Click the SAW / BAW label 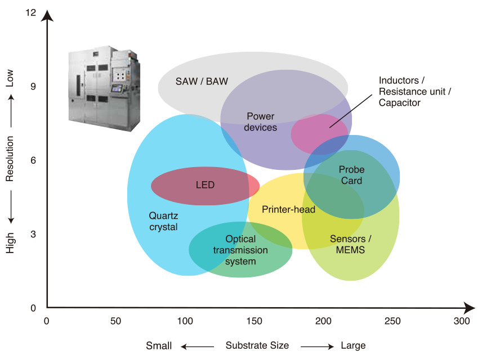[x=202, y=81]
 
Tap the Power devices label [x=260, y=122]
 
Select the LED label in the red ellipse [x=205, y=185]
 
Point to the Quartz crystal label [x=163, y=221]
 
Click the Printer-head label [x=288, y=210]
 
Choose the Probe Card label [x=351, y=175]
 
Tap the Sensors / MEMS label [x=350, y=244]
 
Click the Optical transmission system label [x=240, y=250]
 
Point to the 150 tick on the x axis [x=254, y=321]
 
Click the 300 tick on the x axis [x=462, y=321]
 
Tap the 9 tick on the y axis [x=32, y=87]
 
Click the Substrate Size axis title [x=257, y=345]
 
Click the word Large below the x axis [x=353, y=345]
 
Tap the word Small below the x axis [x=159, y=345]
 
